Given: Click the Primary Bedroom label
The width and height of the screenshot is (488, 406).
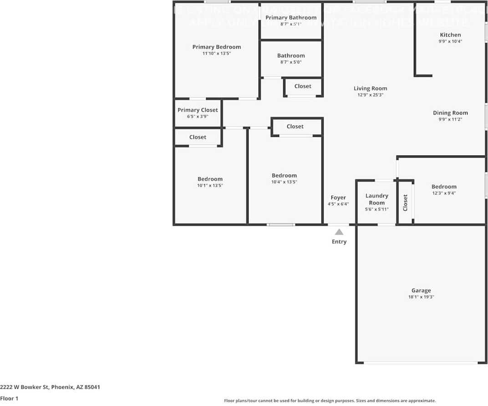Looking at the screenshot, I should click(x=216, y=47).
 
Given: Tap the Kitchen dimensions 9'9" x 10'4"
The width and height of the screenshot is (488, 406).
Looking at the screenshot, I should click(x=450, y=41).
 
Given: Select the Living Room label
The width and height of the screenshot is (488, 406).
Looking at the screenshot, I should click(x=370, y=89).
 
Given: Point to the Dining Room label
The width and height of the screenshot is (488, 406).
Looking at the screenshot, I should click(x=450, y=113).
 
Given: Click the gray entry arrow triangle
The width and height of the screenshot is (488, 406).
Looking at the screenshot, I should click(x=339, y=232).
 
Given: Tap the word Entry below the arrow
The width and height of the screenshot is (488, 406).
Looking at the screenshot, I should click(x=339, y=242).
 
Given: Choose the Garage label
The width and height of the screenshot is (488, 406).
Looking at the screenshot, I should click(x=421, y=291).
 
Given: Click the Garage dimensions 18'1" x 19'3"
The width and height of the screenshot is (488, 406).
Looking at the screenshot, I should click(x=421, y=297).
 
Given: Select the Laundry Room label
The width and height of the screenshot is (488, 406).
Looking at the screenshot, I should click(x=377, y=199).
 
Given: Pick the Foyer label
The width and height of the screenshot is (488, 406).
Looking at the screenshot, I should click(x=338, y=197).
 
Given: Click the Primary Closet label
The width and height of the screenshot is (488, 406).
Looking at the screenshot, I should click(x=198, y=110).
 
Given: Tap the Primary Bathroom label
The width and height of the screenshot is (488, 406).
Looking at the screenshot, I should click(x=291, y=18).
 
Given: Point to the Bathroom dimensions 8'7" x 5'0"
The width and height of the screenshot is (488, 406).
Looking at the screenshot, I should click(x=291, y=62).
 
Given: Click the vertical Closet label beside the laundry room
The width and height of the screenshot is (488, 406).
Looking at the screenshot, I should click(x=405, y=203).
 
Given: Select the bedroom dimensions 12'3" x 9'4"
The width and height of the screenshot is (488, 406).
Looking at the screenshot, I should click(x=444, y=193).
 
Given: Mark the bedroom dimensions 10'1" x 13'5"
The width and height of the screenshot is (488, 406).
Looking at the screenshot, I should click(x=210, y=185).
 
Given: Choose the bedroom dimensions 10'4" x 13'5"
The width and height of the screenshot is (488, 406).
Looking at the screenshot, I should click(x=284, y=182).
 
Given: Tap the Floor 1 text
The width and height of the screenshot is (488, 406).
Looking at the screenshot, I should click(x=9, y=399).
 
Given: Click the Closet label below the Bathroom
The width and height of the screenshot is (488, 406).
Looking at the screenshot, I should click(x=303, y=86).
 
